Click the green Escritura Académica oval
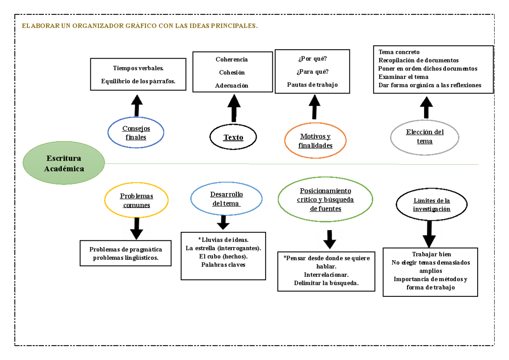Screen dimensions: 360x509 pos(64,163)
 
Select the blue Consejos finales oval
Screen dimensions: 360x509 pos(136,132)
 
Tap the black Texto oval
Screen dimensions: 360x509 pos(233,137)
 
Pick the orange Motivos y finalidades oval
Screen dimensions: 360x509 pos(315,141)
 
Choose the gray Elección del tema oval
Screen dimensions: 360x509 pos(424,136)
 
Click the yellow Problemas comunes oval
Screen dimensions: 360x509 pos(136,200)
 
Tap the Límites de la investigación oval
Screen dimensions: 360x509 pos(431,205)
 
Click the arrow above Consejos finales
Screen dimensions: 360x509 pos(137,105)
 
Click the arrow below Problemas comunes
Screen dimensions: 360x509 pos(136,229)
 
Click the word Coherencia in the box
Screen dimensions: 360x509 pos(232,59)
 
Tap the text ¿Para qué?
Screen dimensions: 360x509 pos(312,71)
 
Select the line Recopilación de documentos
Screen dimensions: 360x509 pos(418,60)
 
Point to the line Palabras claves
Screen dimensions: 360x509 pos(223,264)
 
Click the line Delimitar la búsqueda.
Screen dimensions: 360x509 pos(326,283)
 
